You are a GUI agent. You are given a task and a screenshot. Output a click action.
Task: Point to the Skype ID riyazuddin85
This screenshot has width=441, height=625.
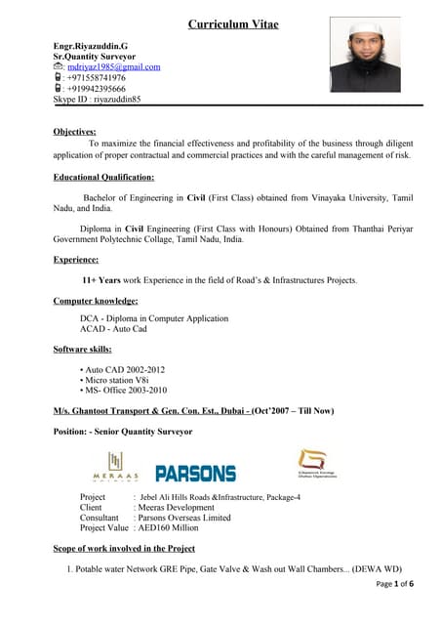(97, 99)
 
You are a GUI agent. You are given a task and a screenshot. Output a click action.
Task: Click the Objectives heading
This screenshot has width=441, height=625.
(74, 130)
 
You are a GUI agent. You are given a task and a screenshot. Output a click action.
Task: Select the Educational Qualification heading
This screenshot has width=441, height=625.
(103, 177)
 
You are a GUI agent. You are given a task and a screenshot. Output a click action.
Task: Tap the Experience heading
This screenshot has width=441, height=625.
(76, 259)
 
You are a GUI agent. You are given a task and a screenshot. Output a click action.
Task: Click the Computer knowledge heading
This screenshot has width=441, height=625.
(96, 301)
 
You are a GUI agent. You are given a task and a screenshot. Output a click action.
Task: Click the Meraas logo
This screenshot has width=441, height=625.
(116, 467)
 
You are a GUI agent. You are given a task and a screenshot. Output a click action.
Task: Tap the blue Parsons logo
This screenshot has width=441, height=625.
(196, 473)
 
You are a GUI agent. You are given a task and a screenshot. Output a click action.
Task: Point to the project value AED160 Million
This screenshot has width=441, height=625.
(177, 528)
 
